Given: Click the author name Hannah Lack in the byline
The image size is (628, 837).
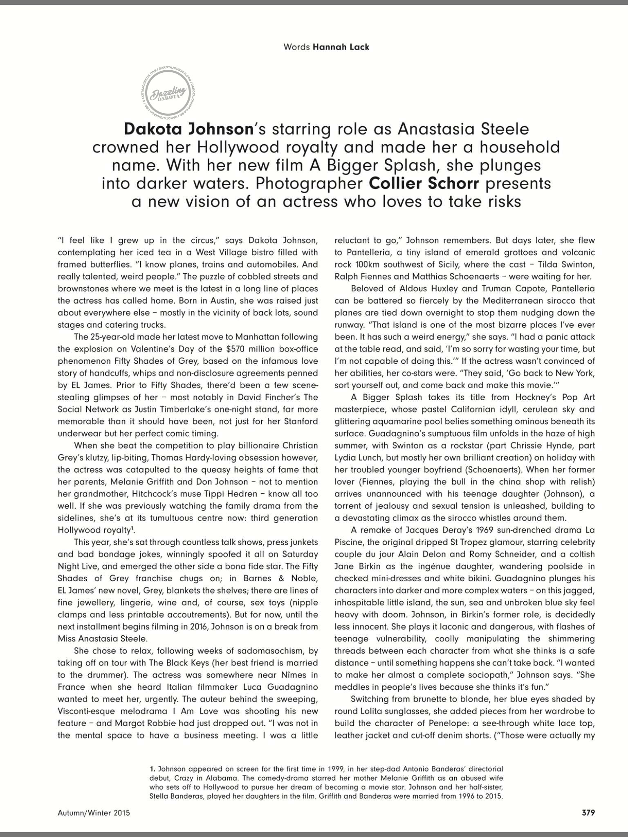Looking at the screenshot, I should click(x=341, y=47).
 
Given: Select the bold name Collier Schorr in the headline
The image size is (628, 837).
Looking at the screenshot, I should click(x=424, y=184).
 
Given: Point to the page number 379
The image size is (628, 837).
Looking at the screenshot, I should click(x=588, y=813).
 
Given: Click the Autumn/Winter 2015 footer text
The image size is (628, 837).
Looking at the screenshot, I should click(x=94, y=813).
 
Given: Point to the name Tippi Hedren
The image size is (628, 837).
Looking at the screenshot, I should click(x=245, y=494).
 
